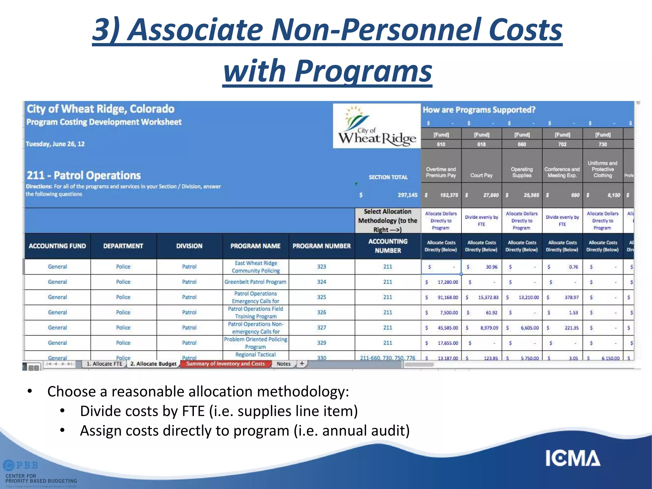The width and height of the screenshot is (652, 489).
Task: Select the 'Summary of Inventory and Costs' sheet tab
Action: click(225, 364)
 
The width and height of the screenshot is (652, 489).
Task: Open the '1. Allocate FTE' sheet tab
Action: click(104, 364)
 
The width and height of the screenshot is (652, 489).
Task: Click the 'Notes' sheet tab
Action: click(283, 364)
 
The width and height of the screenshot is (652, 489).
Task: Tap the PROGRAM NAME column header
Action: click(255, 246)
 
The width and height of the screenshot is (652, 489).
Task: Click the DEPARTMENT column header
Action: click(123, 246)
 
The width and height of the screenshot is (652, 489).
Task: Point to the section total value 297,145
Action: click(407, 195)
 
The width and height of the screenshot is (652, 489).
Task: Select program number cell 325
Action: click(322, 297)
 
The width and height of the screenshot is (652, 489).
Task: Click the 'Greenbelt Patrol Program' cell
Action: click(255, 282)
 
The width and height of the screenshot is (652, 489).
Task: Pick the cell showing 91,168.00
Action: click(447, 297)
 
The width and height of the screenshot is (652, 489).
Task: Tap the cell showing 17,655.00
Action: click(447, 343)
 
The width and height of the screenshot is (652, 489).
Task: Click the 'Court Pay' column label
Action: click(481, 175)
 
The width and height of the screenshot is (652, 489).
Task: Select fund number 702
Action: click(562, 144)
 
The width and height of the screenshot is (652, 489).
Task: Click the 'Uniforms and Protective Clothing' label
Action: click(603, 169)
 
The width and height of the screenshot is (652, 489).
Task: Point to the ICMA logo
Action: click(573, 458)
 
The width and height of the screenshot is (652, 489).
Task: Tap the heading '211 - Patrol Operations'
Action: click(84, 175)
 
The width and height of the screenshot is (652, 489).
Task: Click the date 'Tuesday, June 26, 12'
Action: click(55, 144)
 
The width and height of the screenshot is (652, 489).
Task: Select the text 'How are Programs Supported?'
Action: click(479, 110)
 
